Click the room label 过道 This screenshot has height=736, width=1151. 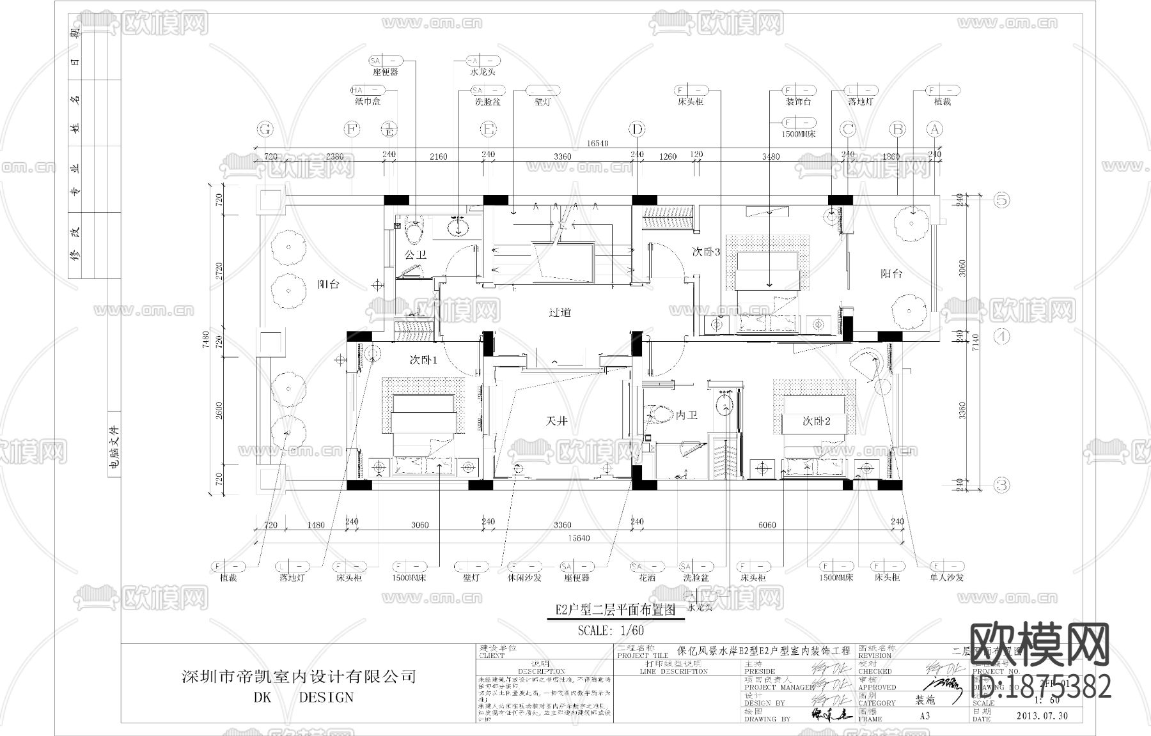pos(559,312)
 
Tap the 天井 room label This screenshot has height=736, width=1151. pos(556,421)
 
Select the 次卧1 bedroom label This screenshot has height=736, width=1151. pos(423,360)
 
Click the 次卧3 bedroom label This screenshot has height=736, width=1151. pos(706,252)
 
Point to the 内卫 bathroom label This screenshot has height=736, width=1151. pos(686,415)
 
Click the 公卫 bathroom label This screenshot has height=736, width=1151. pos(415,254)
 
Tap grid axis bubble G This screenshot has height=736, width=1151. pos(265,130)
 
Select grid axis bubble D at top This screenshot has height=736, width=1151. pos(637,130)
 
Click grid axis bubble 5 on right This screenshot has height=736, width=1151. pos(1001,200)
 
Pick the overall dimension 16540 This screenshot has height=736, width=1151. pos(597,144)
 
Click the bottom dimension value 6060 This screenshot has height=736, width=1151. pos(767,525)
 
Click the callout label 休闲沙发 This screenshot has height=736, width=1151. pos(524,577)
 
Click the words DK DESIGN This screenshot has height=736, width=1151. pos(299,697)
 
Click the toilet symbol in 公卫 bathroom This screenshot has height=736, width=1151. pos(414,231)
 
